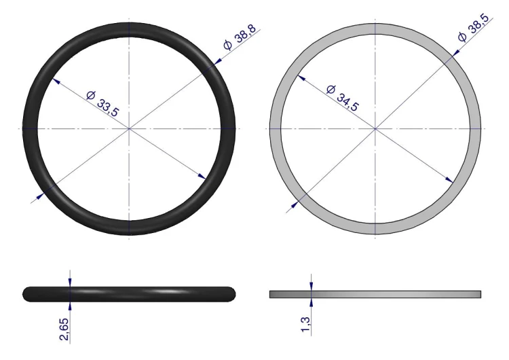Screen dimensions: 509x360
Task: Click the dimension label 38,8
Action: (246, 33)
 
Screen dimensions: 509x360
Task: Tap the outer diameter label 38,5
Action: (479, 24)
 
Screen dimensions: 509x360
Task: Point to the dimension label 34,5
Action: (348, 102)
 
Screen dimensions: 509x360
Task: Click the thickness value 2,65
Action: (64, 329)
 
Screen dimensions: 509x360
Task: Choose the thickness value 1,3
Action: (305, 324)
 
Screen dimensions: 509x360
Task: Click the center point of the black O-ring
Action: (129, 128)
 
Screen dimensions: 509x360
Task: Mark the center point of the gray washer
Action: (375, 128)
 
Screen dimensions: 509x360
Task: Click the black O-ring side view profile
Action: (129, 294)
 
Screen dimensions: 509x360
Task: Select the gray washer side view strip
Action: (375, 294)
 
